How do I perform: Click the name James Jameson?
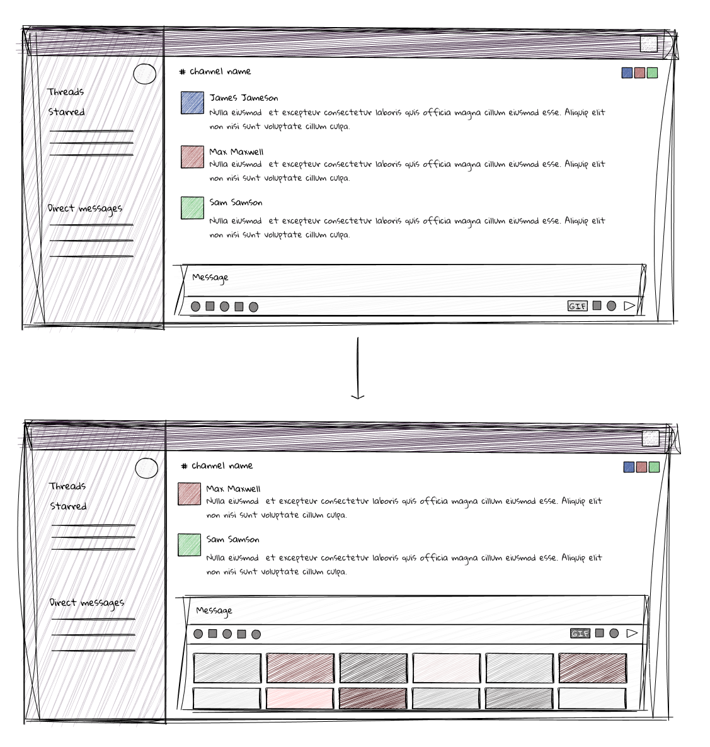tap(243, 98)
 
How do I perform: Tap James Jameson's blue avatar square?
tap(192, 103)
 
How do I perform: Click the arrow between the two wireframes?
tap(358, 368)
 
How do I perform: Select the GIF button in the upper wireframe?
tap(578, 306)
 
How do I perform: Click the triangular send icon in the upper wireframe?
tap(629, 306)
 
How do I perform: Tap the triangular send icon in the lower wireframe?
tap(632, 633)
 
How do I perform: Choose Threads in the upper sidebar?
tap(66, 92)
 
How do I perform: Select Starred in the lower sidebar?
tap(69, 506)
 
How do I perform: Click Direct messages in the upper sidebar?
tap(85, 208)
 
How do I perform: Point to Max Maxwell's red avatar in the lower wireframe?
tap(189, 494)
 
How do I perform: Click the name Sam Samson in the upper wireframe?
tap(236, 202)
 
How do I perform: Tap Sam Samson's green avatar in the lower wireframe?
tap(189, 545)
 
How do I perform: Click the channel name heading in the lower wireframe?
tap(221, 465)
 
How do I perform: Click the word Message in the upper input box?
tap(210, 277)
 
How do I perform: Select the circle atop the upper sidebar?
tap(145, 74)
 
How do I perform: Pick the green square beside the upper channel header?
tap(652, 73)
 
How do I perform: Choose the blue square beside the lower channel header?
tap(629, 467)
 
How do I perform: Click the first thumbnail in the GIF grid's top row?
tap(227, 668)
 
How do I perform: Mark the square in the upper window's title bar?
tap(648, 44)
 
